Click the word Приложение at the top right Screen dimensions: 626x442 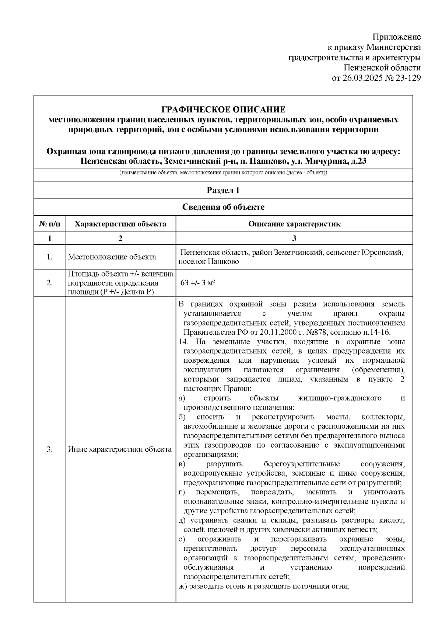pos(396,37)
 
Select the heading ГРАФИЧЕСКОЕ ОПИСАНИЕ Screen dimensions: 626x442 pos(223,109)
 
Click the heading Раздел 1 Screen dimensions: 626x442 pos(223,190)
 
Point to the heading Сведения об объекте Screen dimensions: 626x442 pos(223,207)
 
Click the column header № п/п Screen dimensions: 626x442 pos(49,224)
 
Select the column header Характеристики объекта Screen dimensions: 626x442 pos(120,224)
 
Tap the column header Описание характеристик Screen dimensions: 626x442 pos(294,224)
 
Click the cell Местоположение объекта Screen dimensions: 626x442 pos(112,257)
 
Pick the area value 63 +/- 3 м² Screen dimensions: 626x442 pos(198,283)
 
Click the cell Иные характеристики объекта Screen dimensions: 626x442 pos(120,449)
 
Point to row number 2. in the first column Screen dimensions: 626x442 pos(49,283)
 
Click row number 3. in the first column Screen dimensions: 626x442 pos(49,449)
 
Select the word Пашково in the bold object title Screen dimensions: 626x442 pos(267,161)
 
